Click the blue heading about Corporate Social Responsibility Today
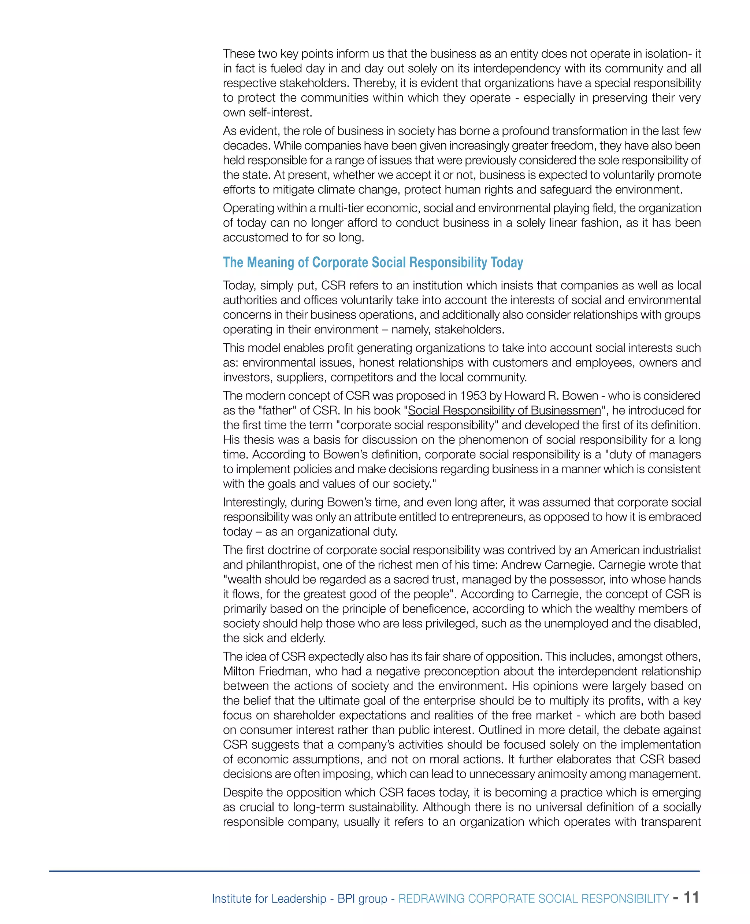tap(373, 262)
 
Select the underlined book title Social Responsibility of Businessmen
tap(504, 411)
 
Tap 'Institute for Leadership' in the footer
tap(269, 898)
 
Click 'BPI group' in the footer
tap(362, 898)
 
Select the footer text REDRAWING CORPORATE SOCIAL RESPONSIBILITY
tap(533, 898)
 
